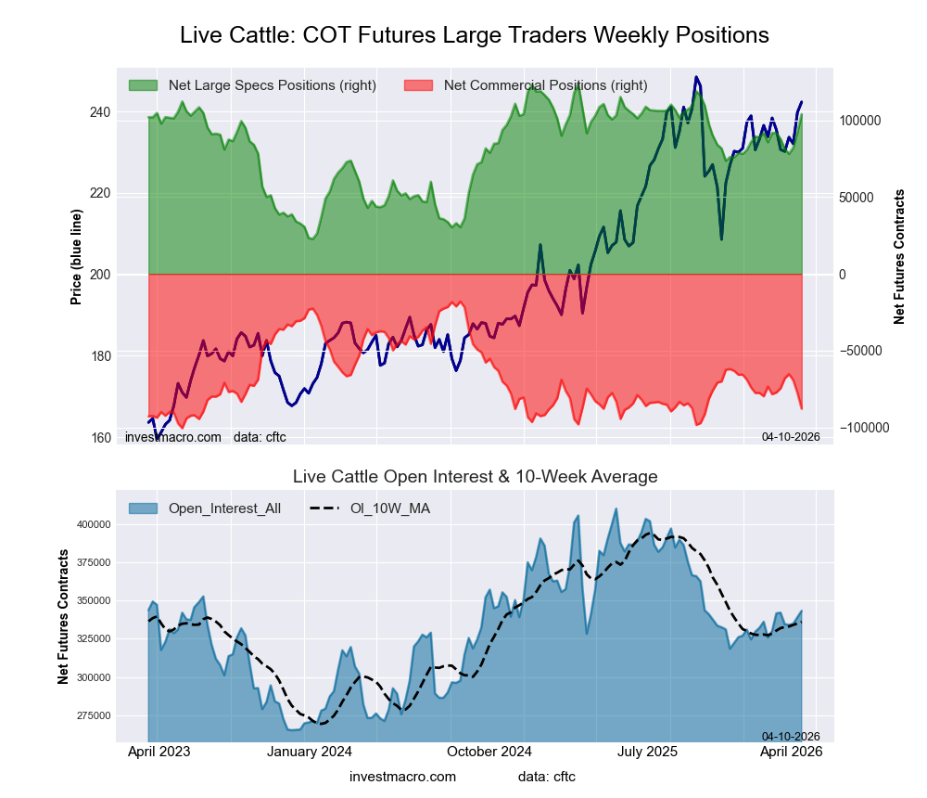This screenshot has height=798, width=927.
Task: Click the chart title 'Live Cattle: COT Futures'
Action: (x=474, y=35)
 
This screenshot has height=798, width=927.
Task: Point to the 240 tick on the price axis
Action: (x=99, y=112)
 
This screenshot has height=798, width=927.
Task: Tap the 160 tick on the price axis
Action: (x=99, y=437)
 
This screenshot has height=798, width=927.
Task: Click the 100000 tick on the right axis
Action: (x=859, y=122)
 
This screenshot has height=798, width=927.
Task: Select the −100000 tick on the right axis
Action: (x=861, y=427)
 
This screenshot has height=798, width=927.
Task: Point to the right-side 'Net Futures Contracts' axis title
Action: (x=898, y=256)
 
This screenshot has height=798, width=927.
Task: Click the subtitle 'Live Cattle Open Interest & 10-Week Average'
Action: (x=475, y=477)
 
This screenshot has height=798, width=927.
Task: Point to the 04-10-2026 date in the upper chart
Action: (x=791, y=436)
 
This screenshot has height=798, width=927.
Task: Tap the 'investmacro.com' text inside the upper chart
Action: (x=172, y=436)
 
